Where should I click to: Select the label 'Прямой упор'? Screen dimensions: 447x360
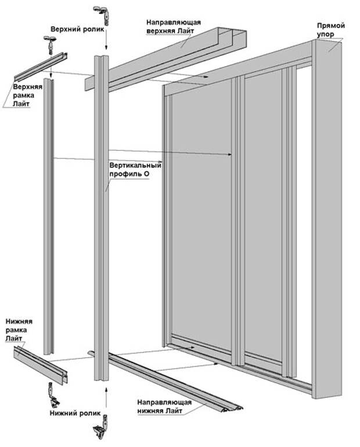click(331, 31)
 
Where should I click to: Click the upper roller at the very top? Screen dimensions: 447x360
click(99, 12)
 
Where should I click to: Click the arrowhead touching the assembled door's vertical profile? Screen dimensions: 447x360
click(231, 154)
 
